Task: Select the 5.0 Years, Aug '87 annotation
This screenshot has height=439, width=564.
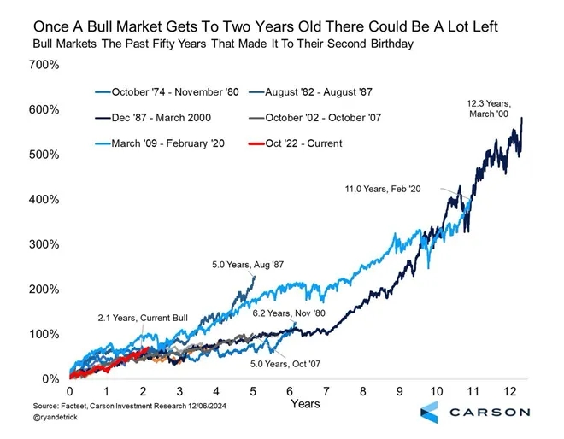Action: coord(246,266)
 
